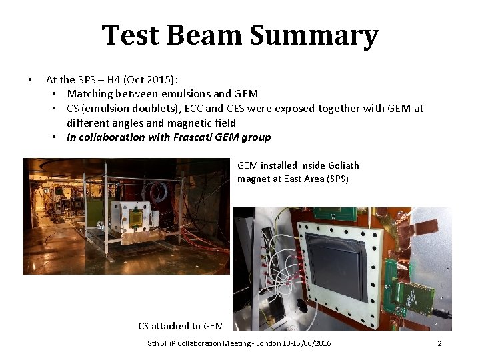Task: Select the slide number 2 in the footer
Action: (439, 343)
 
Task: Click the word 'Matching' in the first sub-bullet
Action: (89, 94)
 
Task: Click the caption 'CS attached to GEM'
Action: (181, 326)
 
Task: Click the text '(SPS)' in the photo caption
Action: (335, 179)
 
